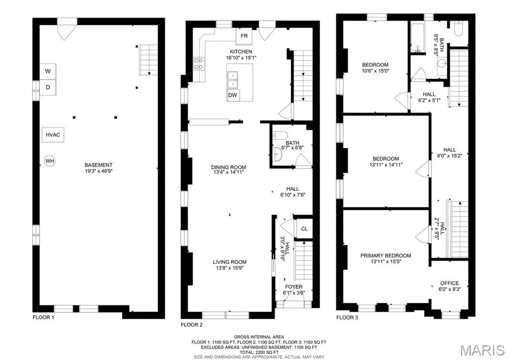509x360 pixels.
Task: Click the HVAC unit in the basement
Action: (x=53, y=135)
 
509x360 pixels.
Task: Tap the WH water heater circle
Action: (x=50, y=161)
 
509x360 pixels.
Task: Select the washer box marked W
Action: (x=48, y=71)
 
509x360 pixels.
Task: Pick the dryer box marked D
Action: (x=48, y=88)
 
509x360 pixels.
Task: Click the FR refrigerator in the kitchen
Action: (x=244, y=36)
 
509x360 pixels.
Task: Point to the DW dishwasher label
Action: (x=232, y=95)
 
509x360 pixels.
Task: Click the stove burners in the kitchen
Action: (x=199, y=64)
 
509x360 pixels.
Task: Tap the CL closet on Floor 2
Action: (x=304, y=229)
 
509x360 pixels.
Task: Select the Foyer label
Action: (x=294, y=287)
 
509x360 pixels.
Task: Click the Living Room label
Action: (x=229, y=262)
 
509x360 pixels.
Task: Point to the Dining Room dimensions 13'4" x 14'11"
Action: (x=228, y=172)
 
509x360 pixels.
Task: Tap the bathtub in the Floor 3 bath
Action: (x=417, y=38)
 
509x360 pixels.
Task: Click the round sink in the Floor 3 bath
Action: (x=441, y=63)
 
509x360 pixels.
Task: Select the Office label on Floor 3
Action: (x=450, y=283)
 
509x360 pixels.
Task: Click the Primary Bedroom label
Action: (x=386, y=256)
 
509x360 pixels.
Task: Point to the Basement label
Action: (x=99, y=165)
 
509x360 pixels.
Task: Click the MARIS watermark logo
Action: (x=483, y=351)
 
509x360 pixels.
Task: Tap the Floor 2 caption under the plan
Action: (x=192, y=325)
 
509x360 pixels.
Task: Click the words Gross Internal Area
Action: (x=259, y=337)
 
